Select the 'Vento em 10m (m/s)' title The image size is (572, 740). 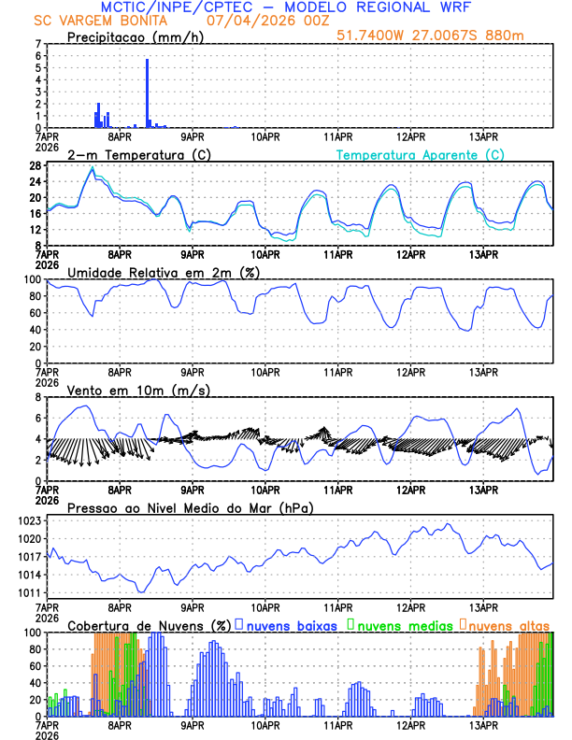point(138,390)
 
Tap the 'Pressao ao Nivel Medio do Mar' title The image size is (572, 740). point(190,507)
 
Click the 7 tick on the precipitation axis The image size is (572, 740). point(37,44)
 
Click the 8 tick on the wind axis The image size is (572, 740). point(37,397)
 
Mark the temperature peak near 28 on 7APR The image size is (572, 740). point(93,168)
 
